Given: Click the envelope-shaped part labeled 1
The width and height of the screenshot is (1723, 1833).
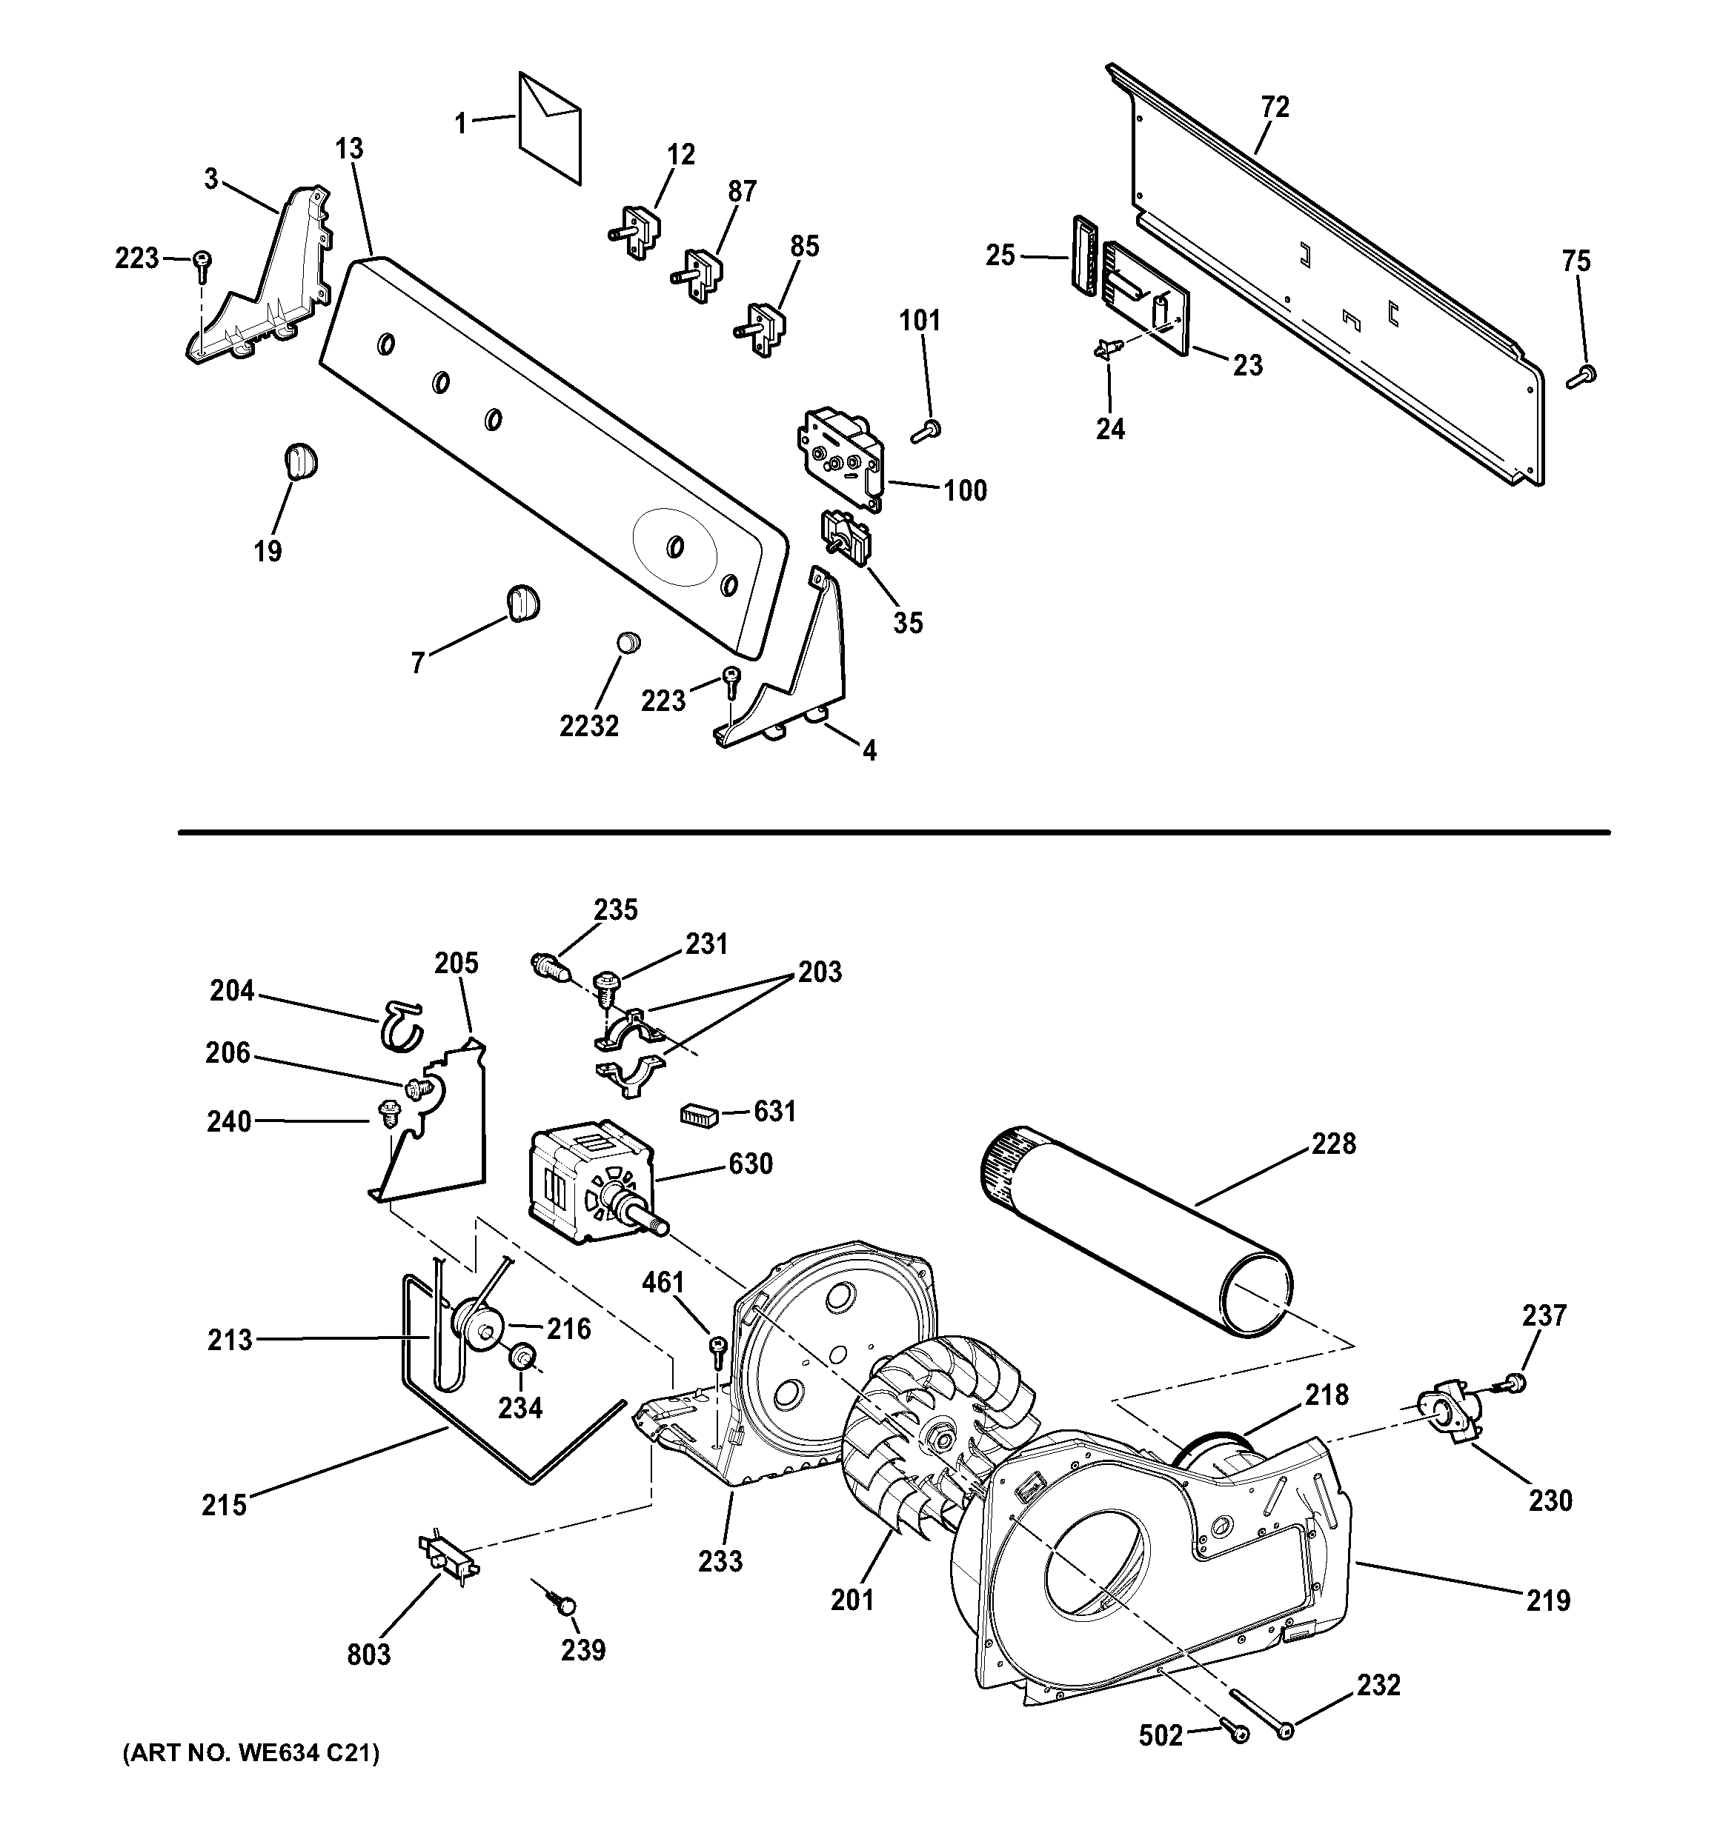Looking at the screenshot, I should click(550, 127).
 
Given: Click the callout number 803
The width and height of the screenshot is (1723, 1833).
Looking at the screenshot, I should click(369, 1655).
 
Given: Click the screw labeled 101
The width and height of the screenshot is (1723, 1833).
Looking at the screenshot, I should click(926, 430).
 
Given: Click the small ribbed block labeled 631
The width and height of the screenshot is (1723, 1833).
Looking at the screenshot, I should click(698, 1115).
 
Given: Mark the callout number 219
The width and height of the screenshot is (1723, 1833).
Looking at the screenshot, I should click(1548, 1600).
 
